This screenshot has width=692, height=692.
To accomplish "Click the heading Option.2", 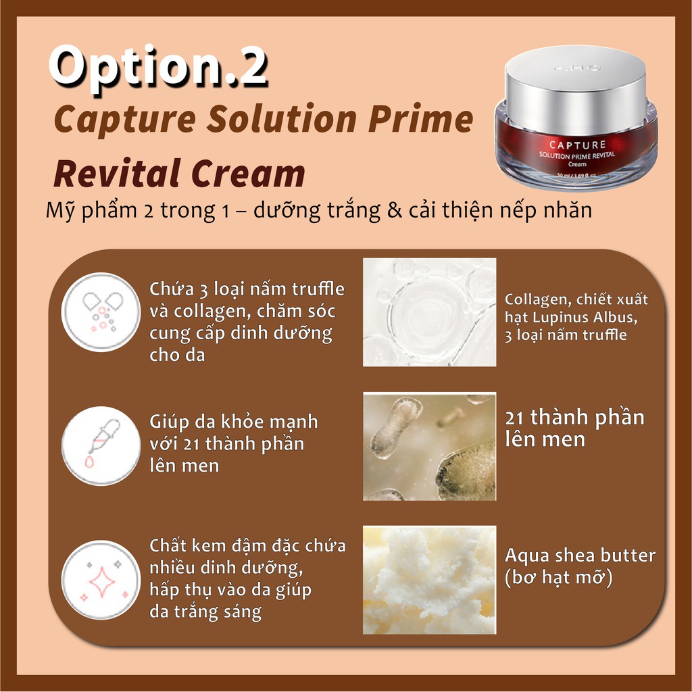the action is coord(158,68).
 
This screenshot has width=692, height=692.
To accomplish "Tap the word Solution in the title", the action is coord(282,119).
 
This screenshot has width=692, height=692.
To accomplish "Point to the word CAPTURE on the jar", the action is coord(577,145).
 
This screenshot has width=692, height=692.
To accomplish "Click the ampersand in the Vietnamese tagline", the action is coord(395,210).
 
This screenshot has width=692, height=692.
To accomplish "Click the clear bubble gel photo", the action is coord(429,312).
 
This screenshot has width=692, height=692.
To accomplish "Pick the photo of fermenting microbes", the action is coord(429,446).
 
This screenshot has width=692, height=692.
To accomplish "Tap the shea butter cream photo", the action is coord(429,580).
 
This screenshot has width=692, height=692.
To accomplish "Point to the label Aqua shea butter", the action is coord(580,555).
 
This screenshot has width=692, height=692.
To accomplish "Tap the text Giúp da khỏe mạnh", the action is coord(233,422).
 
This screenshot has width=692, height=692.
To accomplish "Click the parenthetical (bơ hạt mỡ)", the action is coord(559,578).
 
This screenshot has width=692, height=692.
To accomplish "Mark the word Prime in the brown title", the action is coord(420,119).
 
